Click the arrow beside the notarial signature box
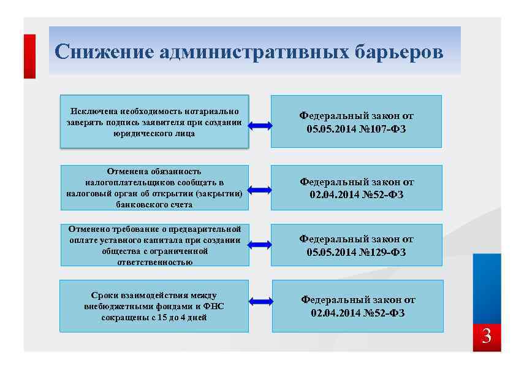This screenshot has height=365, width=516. (x=260, y=126)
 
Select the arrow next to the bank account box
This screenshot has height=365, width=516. (x=260, y=190)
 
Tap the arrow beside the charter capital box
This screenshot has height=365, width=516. (x=260, y=245)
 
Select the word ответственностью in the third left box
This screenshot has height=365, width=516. (x=154, y=262)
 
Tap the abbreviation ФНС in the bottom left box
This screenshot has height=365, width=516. (x=213, y=306)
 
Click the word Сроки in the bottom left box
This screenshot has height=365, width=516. (x=101, y=295)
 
